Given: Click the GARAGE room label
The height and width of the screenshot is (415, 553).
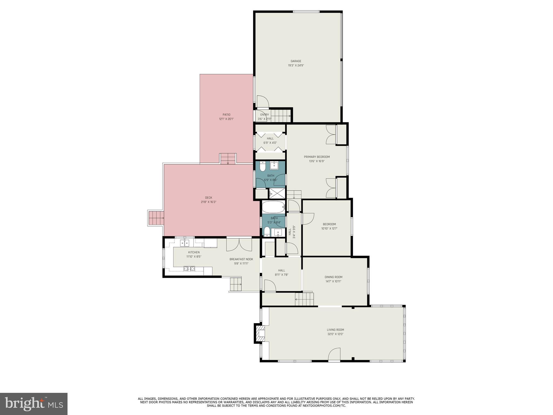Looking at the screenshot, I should (296, 61).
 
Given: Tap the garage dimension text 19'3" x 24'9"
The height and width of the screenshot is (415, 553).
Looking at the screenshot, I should (296, 65).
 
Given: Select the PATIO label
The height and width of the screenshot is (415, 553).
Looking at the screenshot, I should (226, 115).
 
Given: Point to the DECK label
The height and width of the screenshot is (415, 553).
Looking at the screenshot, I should (208, 198).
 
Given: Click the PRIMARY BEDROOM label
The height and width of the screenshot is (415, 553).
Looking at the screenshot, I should (317, 157).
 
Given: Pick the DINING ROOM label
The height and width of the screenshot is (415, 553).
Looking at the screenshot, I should (333, 277).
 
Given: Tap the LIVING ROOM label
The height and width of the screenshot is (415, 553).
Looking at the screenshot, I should (335, 330).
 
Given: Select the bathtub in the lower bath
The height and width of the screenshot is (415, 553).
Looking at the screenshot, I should (273, 207).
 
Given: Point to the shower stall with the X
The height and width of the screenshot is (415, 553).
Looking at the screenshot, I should (277, 193).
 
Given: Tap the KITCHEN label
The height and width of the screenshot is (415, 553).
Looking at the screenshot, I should (194, 252).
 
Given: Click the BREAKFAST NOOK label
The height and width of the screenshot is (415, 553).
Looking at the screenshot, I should (241, 259).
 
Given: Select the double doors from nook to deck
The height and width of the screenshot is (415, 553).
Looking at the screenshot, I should (239, 244).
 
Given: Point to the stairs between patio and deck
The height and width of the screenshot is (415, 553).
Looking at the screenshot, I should (228, 158).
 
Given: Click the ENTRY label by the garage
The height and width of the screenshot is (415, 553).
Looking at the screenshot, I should (264, 115).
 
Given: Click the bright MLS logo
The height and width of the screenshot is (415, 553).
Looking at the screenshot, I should (34, 404).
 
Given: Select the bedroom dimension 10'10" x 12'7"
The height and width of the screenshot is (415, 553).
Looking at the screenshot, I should (329, 229).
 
